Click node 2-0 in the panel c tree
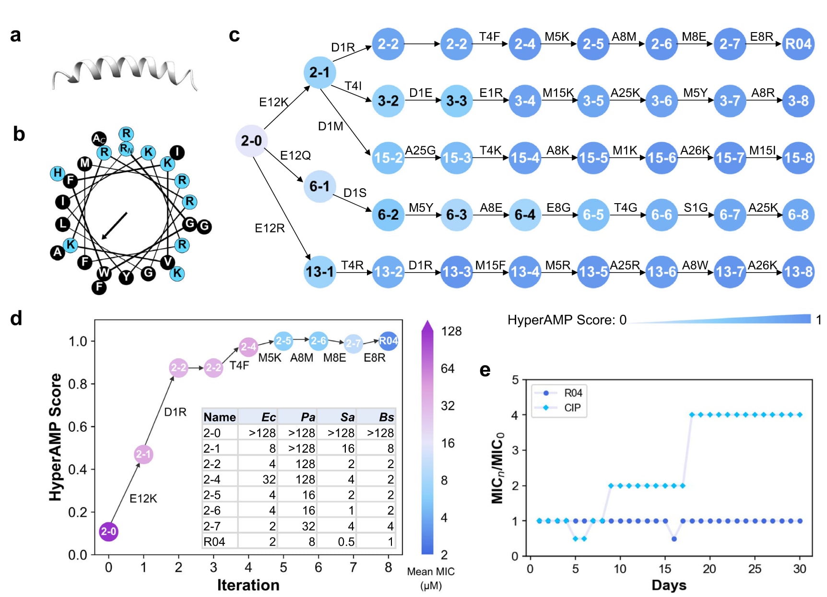[251, 141]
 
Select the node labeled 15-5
[593, 158]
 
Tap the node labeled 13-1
[319, 272]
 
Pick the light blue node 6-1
[319, 186]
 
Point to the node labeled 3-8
[798, 101]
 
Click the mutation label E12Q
[295, 156]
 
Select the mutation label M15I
[762, 150]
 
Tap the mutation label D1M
[331, 126]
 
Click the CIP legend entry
[572, 408]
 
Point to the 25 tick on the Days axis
[755, 569]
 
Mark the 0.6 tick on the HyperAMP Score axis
[78, 426]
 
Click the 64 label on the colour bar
[448, 368]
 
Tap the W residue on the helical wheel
[104, 273]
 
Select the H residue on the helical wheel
[58, 173]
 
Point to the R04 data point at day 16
[674, 539]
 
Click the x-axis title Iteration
[248, 585]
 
